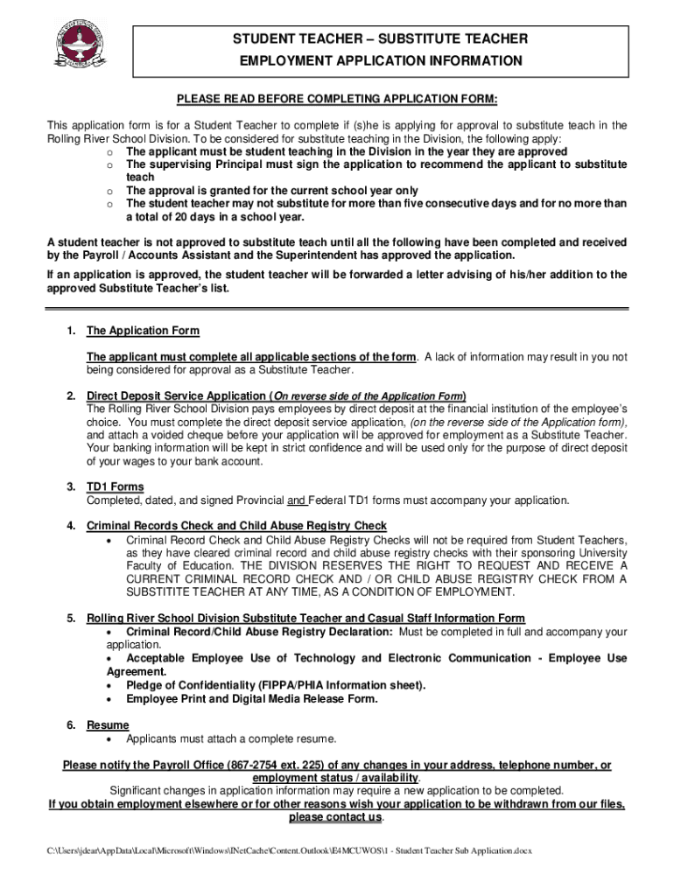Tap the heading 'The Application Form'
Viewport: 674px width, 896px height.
tap(143, 331)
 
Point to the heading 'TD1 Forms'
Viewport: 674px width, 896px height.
tap(116, 486)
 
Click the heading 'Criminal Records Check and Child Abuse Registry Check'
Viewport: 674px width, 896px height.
tap(236, 526)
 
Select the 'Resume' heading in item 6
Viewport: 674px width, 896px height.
tap(108, 725)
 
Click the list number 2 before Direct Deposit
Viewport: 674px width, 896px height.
tap(70, 395)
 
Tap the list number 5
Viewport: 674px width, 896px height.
tap(70, 619)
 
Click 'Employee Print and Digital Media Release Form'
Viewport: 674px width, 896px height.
tap(252, 699)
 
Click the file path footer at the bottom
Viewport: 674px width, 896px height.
tap(290, 850)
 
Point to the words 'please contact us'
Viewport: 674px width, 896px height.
tap(335, 817)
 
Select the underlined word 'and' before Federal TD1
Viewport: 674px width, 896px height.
tap(297, 500)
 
